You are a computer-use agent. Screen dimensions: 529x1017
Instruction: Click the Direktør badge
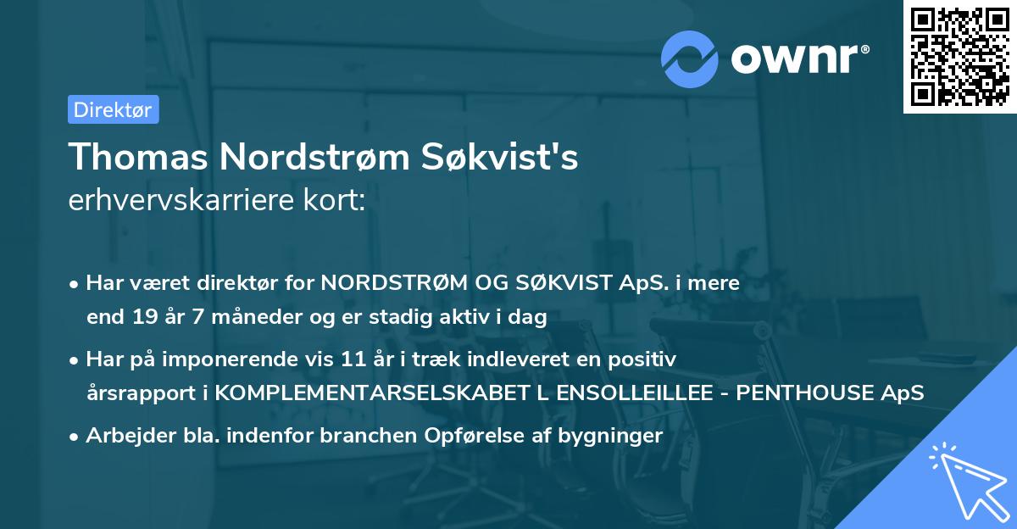(113, 109)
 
